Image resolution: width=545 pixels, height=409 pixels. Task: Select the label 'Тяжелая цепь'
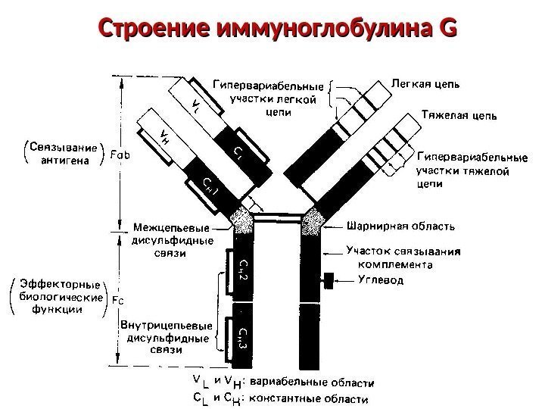[459, 116]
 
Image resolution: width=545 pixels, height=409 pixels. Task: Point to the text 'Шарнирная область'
[400, 225]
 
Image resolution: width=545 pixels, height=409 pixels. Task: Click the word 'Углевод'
[380, 279]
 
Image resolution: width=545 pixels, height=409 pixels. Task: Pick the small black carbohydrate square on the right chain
[329, 279]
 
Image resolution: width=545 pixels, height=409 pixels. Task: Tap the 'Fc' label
[117, 300]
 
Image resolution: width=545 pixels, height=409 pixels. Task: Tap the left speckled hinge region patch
[244, 221]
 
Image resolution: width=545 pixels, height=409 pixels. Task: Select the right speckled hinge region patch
[313, 221]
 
